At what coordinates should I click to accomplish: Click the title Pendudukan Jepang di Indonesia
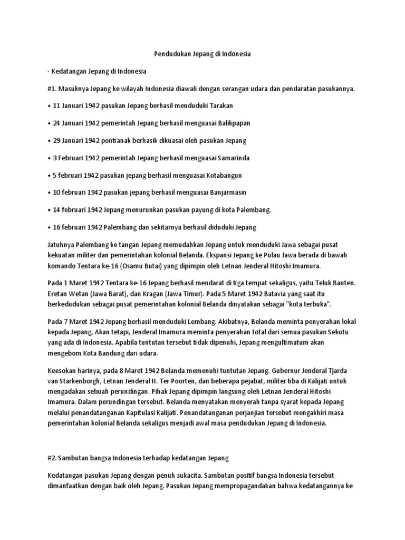tap(202, 54)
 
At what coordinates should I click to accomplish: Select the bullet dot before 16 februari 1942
tap(49, 227)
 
